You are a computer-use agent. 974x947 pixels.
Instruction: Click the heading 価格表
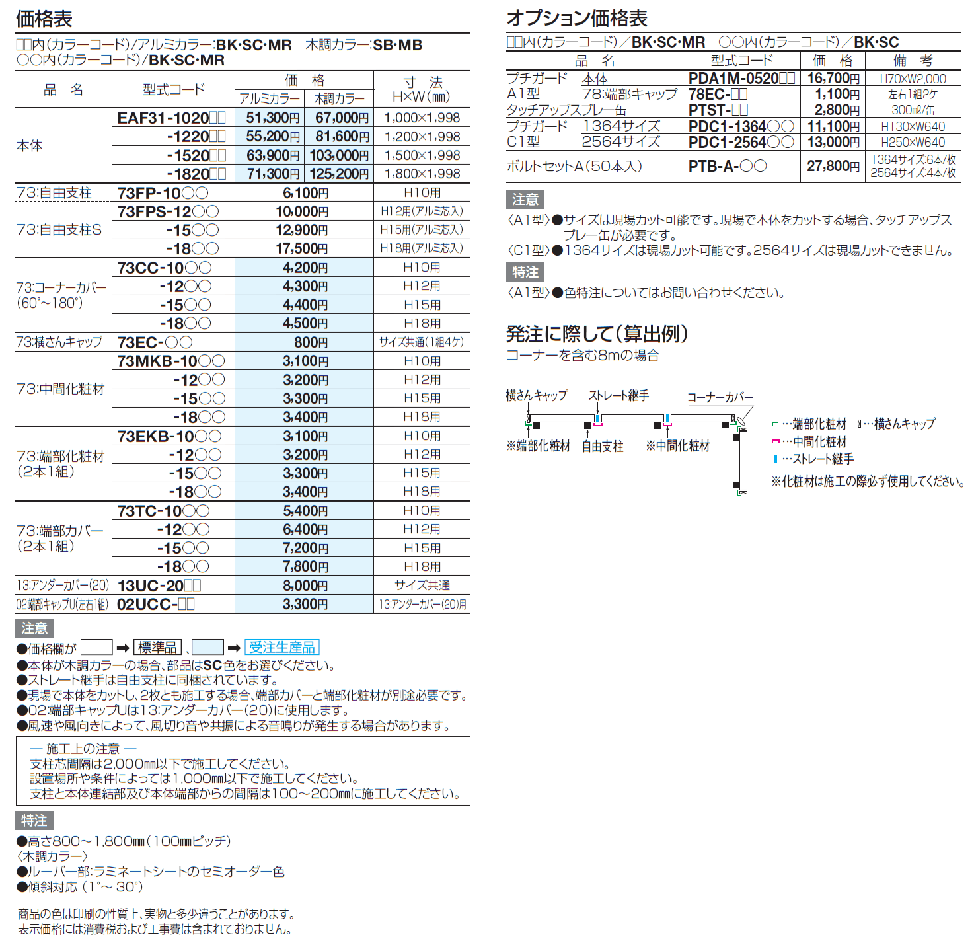44,19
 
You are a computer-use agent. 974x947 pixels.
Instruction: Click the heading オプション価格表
576,18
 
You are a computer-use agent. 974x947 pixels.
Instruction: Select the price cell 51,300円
272,118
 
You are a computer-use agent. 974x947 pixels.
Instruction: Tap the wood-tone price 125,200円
340,174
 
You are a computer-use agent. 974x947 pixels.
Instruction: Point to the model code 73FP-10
163,193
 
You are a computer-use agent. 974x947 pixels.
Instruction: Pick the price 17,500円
301,248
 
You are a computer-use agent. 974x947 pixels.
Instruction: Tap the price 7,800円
305,567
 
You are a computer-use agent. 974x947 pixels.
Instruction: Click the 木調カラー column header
339,99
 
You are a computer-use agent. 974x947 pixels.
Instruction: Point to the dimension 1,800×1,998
422,174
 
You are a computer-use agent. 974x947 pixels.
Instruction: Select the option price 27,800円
833,167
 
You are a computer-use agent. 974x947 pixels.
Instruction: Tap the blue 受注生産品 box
281,648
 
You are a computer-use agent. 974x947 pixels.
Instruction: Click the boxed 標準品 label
157,648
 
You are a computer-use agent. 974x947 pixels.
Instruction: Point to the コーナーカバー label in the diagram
720,397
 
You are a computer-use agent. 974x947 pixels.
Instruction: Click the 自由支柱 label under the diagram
602,447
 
